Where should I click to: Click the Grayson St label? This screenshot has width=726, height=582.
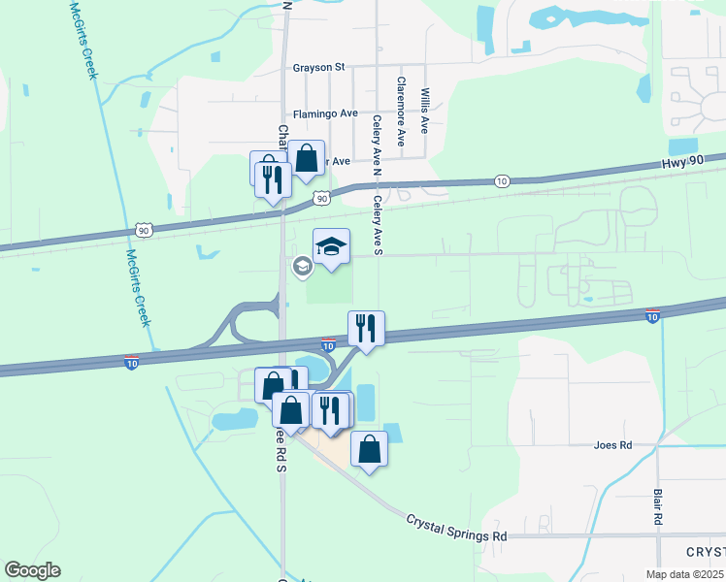point(319,68)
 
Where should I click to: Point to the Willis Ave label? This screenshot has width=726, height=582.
point(424,111)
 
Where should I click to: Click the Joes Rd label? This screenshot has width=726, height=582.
point(612,445)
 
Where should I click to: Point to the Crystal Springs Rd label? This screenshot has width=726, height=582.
point(456,528)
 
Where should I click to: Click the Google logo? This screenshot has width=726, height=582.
point(32,570)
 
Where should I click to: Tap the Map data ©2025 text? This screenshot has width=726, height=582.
point(683,574)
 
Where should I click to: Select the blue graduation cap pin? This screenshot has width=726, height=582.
point(331,248)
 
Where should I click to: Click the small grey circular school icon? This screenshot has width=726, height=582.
point(302,265)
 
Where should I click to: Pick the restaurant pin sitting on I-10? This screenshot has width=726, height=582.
point(367,328)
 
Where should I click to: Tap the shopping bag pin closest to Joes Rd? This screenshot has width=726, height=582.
point(369,449)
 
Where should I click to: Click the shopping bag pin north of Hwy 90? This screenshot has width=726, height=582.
point(306,159)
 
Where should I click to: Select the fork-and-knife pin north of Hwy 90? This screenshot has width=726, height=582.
point(272,178)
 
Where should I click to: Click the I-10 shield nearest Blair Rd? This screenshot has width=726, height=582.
point(652,315)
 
